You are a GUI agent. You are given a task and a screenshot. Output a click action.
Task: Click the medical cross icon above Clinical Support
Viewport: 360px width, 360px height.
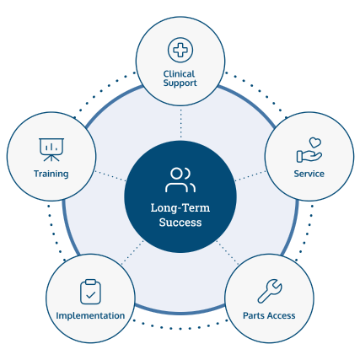pos(180,50)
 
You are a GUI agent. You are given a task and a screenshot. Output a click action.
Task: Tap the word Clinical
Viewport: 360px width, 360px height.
pos(179,74)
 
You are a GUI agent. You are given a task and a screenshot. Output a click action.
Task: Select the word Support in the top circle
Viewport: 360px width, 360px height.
pos(180,83)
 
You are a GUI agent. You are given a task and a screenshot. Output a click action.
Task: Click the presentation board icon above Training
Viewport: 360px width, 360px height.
pos(51,150)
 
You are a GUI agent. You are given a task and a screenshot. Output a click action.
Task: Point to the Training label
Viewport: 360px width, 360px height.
pos(51,174)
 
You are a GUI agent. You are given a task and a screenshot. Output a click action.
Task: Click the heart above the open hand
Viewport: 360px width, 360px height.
pos(315,142)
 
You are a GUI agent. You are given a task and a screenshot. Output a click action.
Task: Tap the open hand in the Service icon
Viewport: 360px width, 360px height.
pos(309,157)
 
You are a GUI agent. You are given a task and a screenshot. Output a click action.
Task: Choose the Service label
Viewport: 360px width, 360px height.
pos(309,174)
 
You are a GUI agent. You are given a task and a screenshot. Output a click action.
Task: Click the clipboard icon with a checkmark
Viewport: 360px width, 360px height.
pos(90,292)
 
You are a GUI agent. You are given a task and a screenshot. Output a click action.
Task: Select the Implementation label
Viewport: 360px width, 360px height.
pos(90,315)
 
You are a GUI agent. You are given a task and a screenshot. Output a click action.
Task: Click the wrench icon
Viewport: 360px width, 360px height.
pos(270,291)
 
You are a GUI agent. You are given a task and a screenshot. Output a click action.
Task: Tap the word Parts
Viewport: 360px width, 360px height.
pos(254,315)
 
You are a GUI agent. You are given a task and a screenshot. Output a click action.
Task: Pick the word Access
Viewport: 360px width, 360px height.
pos(281,315)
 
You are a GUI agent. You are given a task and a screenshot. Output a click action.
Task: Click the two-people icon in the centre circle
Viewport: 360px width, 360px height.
pos(180,180)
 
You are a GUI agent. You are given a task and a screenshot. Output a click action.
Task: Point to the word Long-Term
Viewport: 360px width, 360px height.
pos(180,208)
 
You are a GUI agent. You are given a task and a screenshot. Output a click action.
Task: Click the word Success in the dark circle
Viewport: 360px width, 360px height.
pos(180,223)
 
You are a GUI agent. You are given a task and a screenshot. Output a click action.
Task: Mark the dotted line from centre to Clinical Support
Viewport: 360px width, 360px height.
pos(180,123)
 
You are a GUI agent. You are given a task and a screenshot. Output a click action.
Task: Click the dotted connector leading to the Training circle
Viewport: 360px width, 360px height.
pos(110,176)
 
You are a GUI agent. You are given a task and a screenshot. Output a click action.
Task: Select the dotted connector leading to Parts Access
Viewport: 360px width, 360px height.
pos(228,252)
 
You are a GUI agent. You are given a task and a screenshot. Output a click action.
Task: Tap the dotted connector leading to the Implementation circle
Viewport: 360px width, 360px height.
pos(132,253)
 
